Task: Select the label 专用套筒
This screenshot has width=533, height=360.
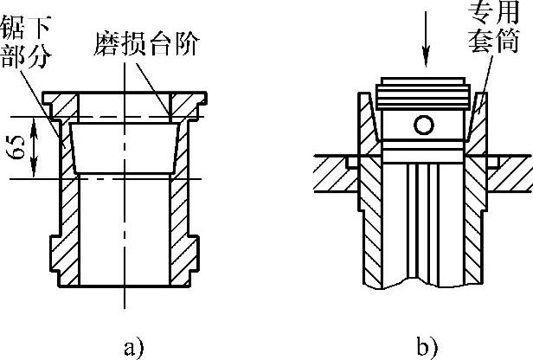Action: coord(491,26)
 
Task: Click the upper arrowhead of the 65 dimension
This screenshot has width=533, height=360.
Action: coord(35,122)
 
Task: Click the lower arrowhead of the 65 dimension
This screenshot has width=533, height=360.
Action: coord(35,173)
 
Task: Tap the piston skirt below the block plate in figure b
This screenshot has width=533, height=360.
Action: coord(424,234)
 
